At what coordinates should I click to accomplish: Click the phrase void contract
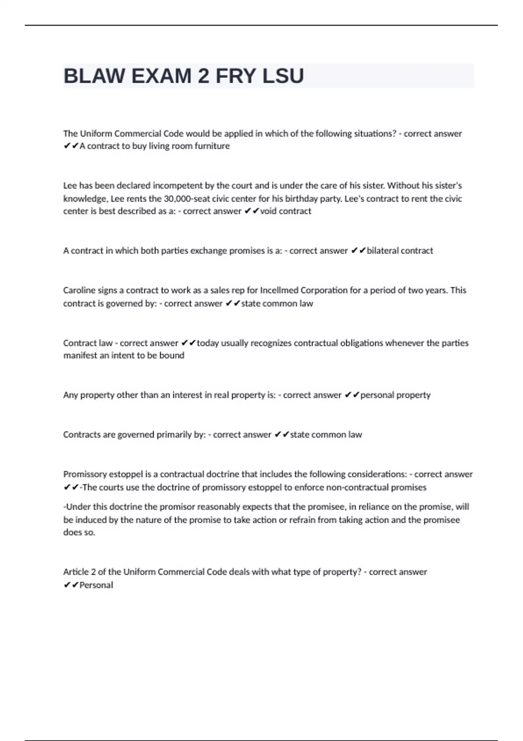coord(285,211)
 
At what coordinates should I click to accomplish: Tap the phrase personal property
coord(395,395)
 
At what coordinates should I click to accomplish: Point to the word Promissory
coord(85,474)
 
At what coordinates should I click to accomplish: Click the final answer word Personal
coord(96,585)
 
